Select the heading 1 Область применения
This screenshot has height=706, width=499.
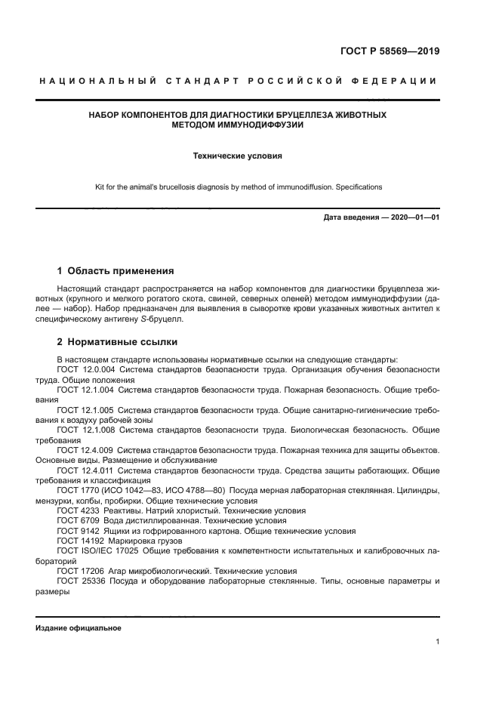click(x=116, y=270)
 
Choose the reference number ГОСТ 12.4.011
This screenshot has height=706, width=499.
click(x=85, y=471)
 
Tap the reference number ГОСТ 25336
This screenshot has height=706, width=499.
click(x=81, y=581)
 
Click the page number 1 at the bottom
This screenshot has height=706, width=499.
click(x=437, y=642)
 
